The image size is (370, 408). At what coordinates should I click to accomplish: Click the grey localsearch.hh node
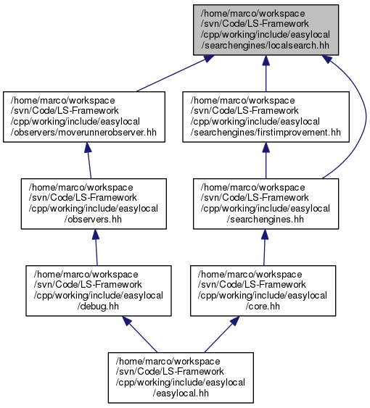[266, 30]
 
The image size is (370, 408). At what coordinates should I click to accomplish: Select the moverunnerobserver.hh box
[84, 117]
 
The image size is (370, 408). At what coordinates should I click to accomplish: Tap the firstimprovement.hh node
[266, 117]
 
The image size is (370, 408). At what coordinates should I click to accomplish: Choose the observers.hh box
[94, 204]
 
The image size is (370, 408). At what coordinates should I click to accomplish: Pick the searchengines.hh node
[266, 204]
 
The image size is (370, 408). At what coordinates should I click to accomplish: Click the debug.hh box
[99, 291]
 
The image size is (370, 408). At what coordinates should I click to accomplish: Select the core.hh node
[263, 291]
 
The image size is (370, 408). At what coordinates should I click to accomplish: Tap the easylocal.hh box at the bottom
[181, 378]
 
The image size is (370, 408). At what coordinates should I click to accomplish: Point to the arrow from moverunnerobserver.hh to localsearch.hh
[175, 73]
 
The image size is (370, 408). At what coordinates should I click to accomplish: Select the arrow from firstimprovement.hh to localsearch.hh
[266, 73]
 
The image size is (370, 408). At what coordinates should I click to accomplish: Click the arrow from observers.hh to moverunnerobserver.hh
[89, 160]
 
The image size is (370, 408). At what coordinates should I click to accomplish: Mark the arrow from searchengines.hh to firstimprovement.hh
[266, 160]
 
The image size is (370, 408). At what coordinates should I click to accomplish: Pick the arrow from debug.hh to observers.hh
[96, 247]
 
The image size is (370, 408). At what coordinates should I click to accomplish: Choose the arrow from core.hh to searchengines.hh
[265, 247]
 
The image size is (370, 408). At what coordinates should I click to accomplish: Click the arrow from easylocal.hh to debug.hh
[140, 334]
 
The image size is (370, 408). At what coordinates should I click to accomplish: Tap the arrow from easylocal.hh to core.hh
[222, 334]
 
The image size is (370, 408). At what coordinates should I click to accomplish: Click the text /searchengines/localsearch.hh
[265, 45]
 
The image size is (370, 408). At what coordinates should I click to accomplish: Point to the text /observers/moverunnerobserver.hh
[83, 132]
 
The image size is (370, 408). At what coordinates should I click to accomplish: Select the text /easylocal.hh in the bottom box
[181, 393]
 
